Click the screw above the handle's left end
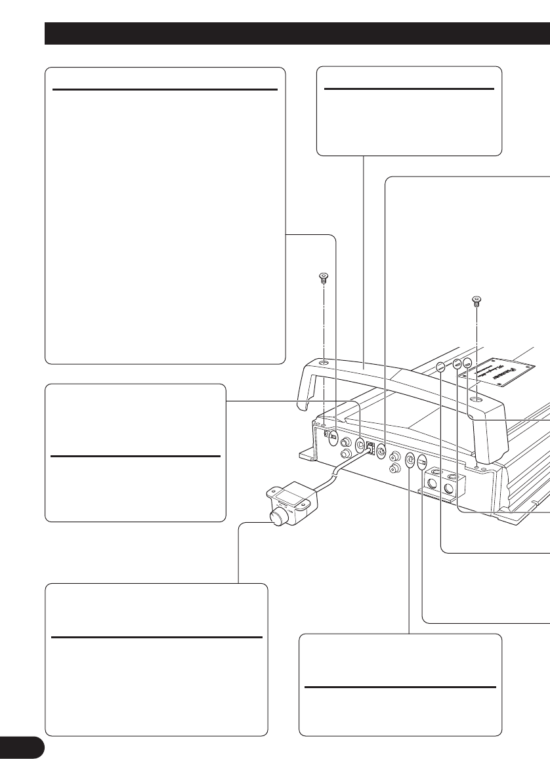click(322, 278)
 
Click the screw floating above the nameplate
click(477, 302)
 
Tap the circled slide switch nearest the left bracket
click(333, 436)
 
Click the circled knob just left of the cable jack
click(360, 444)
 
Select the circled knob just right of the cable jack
click(382, 452)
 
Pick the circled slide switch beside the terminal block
click(423, 461)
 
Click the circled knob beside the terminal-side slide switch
click(410, 460)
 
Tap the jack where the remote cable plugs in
click(371, 449)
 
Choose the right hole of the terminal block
click(450, 489)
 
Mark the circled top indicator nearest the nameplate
click(467, 363)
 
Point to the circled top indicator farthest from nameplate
click(440, 369)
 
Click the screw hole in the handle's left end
click(324, 363)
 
